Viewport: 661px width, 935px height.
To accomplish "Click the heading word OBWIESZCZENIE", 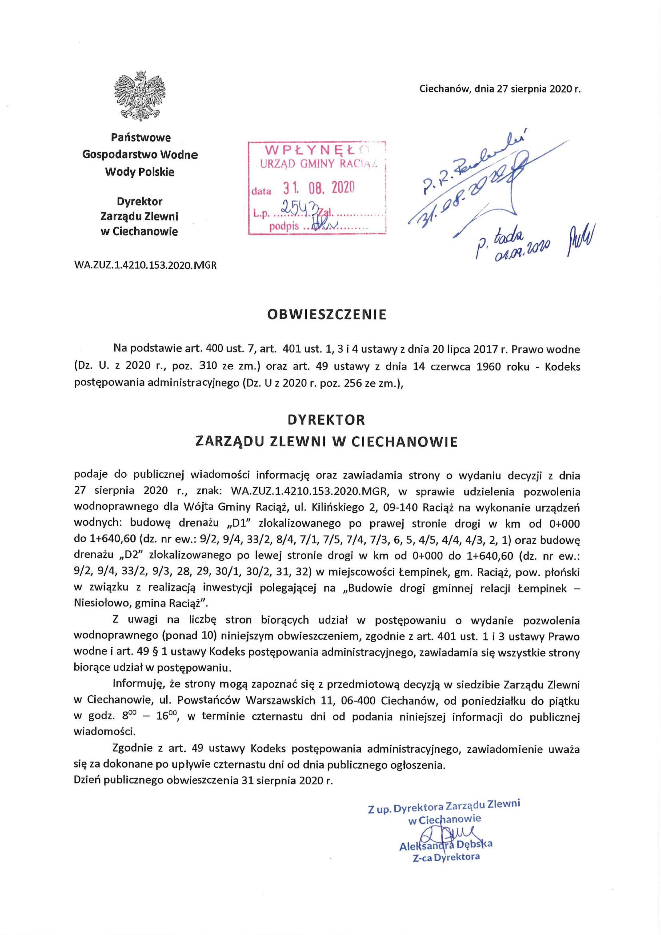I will coord(326,315).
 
